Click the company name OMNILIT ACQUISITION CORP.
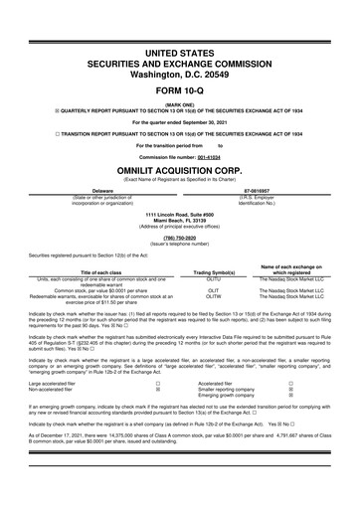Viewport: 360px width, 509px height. [179, 169]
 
